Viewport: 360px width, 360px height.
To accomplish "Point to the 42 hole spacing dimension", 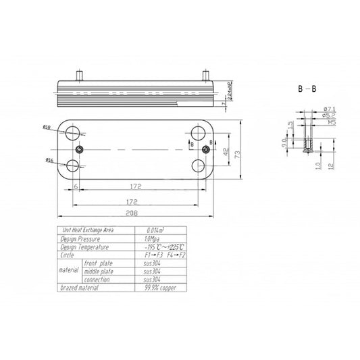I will (226, 151).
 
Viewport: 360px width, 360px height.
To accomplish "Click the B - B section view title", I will (307, 88).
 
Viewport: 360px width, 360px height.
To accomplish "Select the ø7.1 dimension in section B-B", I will (330, 109).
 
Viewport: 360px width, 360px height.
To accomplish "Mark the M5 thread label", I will (330, 123).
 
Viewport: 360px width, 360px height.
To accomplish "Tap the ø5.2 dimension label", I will (330, 116).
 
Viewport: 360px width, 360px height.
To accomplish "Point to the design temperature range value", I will (162, 248).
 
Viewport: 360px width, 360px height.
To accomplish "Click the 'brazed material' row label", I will (80, 288).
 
